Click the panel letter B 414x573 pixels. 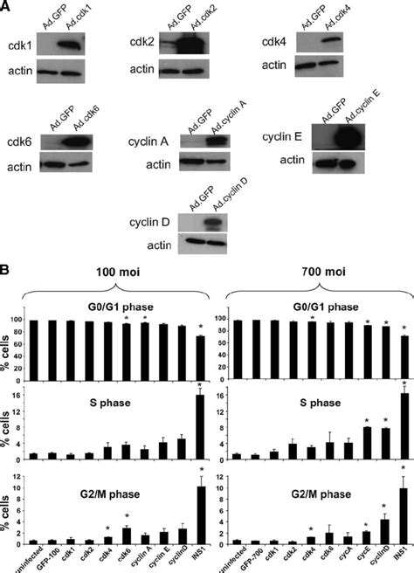coord(7,262)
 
